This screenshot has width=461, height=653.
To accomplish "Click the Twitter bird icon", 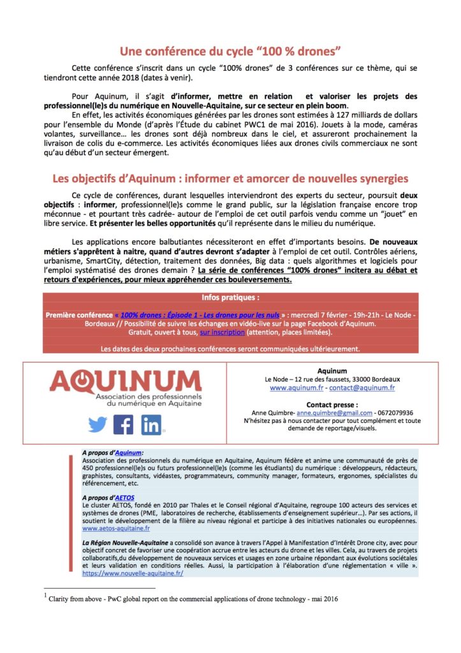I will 98,425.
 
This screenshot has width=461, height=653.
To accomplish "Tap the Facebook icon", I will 123,424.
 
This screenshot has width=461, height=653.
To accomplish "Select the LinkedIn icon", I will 152,424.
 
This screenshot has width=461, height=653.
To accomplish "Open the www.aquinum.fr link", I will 295,387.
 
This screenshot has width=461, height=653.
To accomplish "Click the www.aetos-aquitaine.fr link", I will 116,529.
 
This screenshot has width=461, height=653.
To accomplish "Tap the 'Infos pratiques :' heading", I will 230,298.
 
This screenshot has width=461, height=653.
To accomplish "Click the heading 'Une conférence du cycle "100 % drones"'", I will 230,51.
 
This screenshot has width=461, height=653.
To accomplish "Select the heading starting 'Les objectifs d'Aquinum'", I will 230,179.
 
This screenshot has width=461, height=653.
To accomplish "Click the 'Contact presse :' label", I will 332,404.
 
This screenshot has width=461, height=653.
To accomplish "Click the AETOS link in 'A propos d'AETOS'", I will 126,497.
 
